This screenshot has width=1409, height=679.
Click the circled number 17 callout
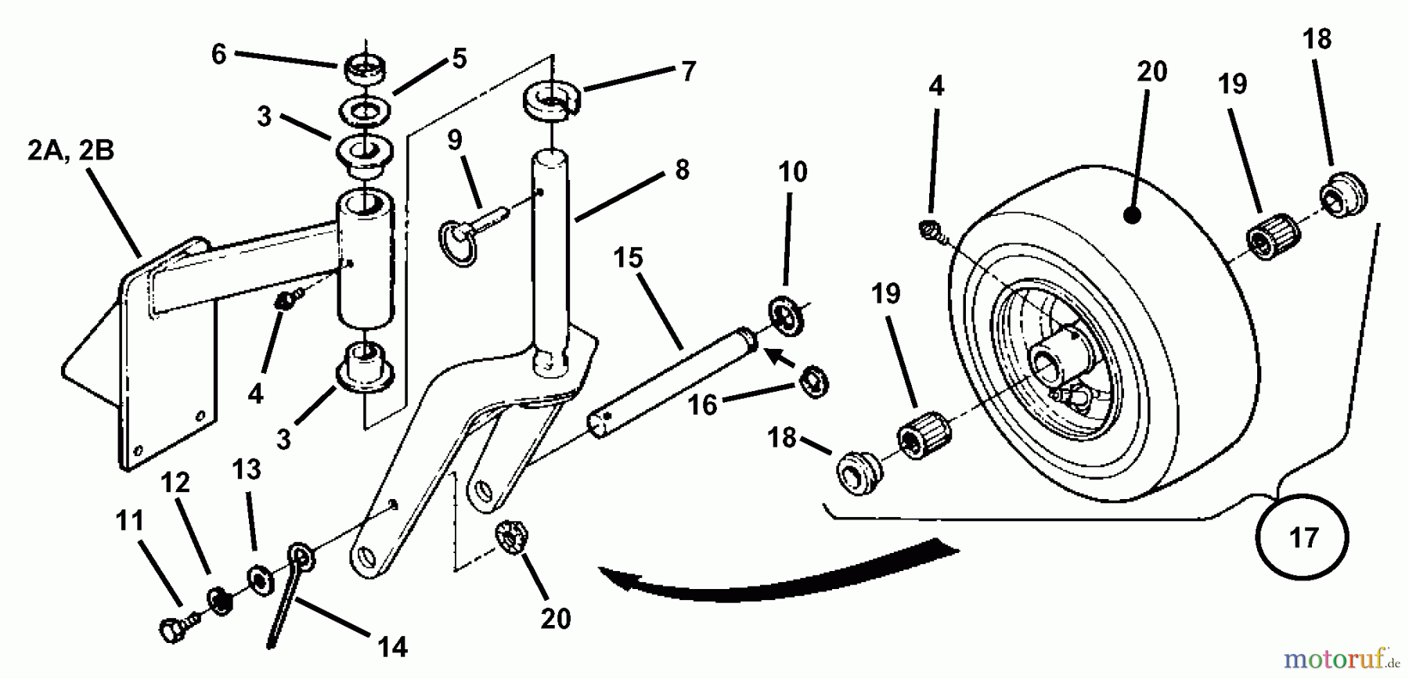[1303, 538]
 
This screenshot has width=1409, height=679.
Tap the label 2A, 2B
[70, 149]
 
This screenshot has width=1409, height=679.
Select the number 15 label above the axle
[628, 257]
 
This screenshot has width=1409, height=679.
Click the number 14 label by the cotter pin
[392, 646]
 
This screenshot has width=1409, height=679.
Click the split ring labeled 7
[553, 101]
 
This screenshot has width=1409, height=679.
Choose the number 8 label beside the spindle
[682, 170]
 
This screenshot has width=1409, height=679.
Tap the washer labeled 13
[259, 580]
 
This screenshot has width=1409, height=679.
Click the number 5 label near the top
[459, 59]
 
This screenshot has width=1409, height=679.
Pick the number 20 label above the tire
[1151, 72]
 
